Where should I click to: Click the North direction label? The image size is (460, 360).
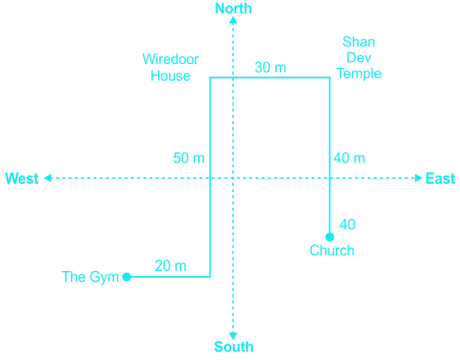tap(233, 8)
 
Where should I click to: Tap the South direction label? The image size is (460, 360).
tap(234, 347)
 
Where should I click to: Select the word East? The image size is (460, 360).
tap(440, 178)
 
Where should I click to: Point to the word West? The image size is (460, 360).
tap(22, 178)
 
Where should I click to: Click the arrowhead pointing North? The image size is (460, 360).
tap(233, 20)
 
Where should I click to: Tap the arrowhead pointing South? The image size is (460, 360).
tap(233, 336)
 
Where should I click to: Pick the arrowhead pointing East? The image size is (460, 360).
tap(418, 178)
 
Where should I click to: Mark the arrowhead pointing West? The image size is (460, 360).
tap(47, 178)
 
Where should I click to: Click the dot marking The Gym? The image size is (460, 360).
tap(126, 277)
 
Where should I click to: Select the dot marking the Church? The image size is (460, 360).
tap(329, 237)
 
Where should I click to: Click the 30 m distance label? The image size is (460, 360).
tap(270, 67)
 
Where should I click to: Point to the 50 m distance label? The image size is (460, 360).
tap(189, 158)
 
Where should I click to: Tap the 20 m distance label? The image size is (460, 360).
tap(171, 266)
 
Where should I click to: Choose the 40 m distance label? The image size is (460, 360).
tap(349, 158)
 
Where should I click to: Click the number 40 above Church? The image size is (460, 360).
tap(348, 224)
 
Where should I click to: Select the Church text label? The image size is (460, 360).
tap(332, 250)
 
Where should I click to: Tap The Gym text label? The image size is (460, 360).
tap(90, 277)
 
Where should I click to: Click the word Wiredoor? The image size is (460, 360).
tap(171, 59)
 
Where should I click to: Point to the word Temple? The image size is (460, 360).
tap(359, 74)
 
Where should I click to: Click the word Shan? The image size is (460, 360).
tap(359, 42)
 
